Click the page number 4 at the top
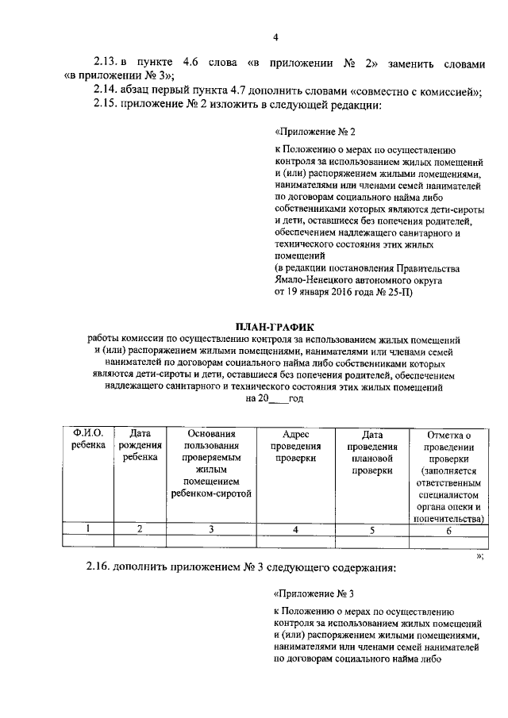tap(275, 36)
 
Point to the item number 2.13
tap(106, 61)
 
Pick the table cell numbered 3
tap(211, 528)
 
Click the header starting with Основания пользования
tap(211, 464)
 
